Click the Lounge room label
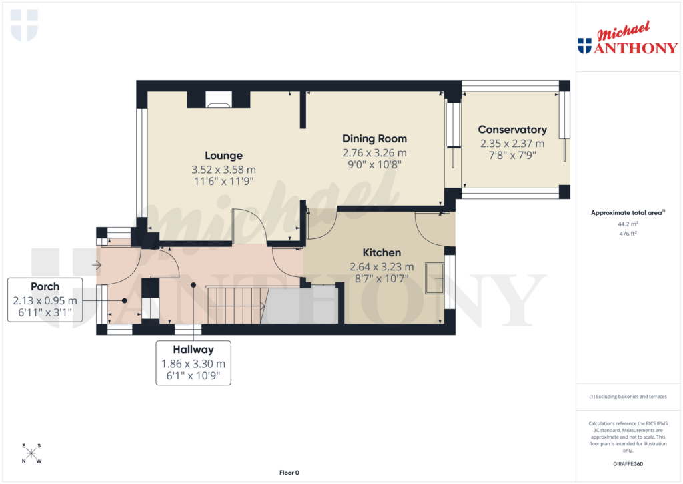223,156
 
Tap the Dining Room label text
374,138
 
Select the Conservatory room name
512,130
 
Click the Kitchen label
382,253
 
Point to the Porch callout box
45,300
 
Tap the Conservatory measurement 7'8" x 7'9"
512,154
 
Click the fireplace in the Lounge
218,100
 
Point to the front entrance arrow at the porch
97,265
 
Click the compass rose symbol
31,454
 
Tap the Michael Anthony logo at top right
627,39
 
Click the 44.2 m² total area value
627,225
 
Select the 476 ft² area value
627,234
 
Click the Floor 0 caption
289,473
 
